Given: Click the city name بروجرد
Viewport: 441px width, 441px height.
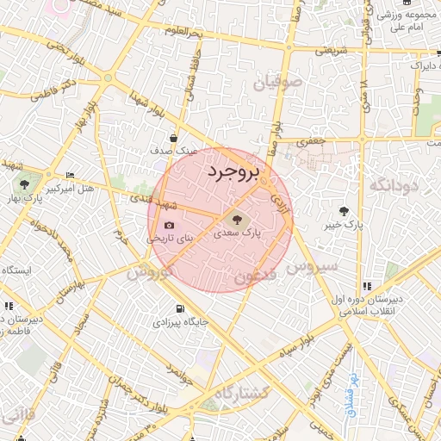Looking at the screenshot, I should coord(233,172).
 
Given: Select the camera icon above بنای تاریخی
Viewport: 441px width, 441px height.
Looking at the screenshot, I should coord(169,226).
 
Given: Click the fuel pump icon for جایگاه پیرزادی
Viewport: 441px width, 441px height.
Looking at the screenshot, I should coord(179,309).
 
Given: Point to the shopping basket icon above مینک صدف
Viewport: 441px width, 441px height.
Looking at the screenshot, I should coord(174,137).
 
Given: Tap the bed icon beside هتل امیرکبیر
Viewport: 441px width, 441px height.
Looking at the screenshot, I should coord(70,175).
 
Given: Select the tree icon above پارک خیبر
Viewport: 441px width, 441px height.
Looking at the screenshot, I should coord(345,211).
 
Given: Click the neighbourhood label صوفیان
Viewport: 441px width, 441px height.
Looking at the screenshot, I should coord(278,84).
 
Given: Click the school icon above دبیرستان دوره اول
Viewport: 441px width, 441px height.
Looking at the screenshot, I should coord(368,286).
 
